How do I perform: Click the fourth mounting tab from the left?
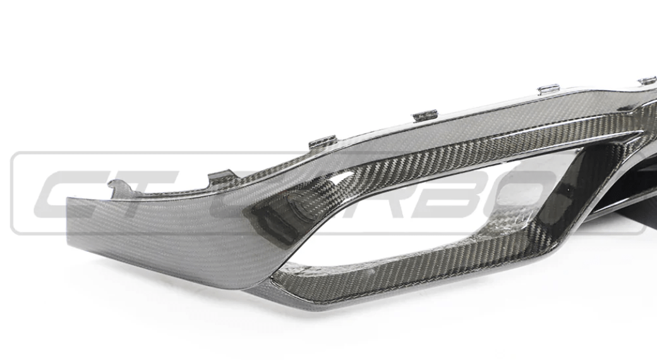tap(425, 115)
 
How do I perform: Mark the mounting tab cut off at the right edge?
tap(648, 80)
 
